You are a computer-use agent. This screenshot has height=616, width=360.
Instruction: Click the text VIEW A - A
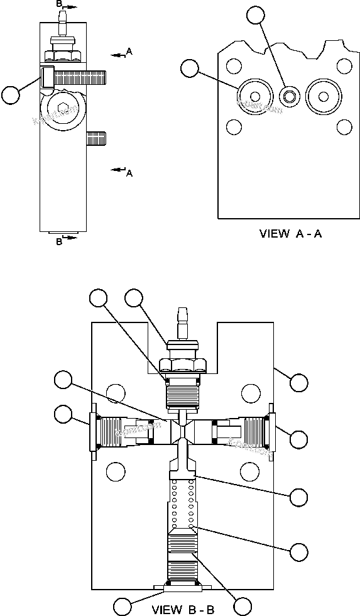(291, 234)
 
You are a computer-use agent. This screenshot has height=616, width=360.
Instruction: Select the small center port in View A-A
(289, 96)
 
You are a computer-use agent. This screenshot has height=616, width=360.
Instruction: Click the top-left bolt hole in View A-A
(234, 65)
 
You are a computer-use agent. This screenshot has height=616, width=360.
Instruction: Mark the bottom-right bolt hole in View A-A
(343, 128)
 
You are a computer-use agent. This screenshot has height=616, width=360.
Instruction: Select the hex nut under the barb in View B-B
(182, 364)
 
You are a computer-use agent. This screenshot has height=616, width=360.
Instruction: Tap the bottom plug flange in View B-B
(182, 587)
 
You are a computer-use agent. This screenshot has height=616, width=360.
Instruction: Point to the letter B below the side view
(58, 242)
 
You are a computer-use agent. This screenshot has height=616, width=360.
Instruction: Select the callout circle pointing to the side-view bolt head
(11, 95)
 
